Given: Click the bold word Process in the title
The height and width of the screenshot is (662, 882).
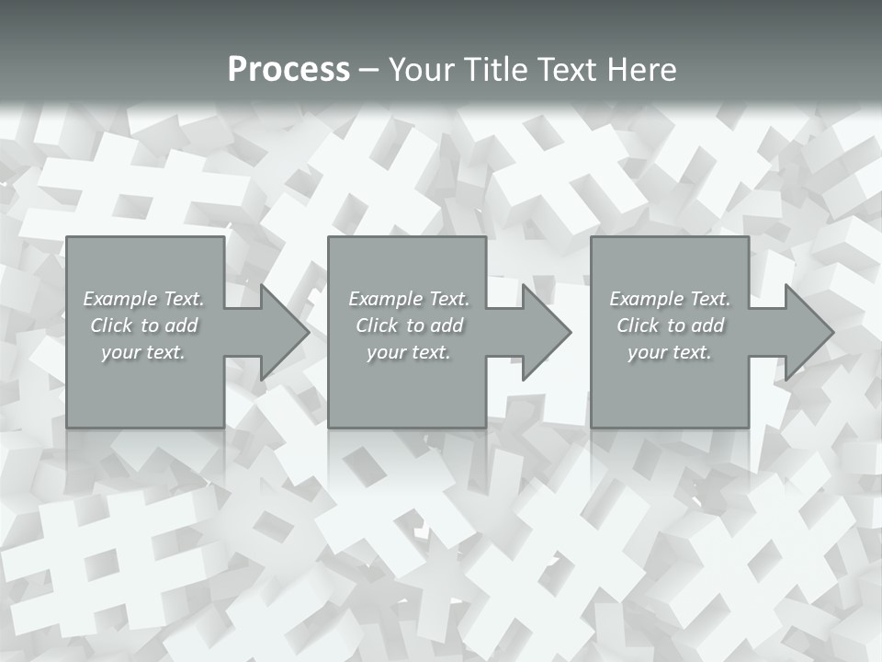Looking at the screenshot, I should pyautogui.click(x=288, y=70).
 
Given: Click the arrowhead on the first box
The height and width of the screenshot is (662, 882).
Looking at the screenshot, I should pyautogui.click(x=284, y=332).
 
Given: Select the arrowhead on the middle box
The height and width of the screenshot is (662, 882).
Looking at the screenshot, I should pyautogui.click(x=546, y=332).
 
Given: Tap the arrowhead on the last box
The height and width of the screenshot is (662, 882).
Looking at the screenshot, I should pyautogui.click(x=808, y=332).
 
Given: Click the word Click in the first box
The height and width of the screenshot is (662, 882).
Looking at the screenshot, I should pyautogui.click(x=111, y=325).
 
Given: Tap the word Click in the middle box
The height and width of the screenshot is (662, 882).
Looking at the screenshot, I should pyautogui.click(x=377, y=325).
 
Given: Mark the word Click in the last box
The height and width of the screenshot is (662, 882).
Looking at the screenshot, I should pyautogui.click(x=638, y=325).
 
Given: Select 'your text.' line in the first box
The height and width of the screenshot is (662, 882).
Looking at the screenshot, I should pyautogui.click(x=143, y=352).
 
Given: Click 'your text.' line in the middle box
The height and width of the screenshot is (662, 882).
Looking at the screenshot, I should pyautogui.click(x=409, y=352).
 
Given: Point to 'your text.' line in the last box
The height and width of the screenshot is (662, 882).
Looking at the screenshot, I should pyautogui.click(x=670, y=352).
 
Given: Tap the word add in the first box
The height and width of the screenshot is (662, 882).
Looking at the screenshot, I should pyautogui.click(x=182, y=325).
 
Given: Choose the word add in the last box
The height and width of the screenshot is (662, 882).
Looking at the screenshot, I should pyautogui.click(x=708, y=325).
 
